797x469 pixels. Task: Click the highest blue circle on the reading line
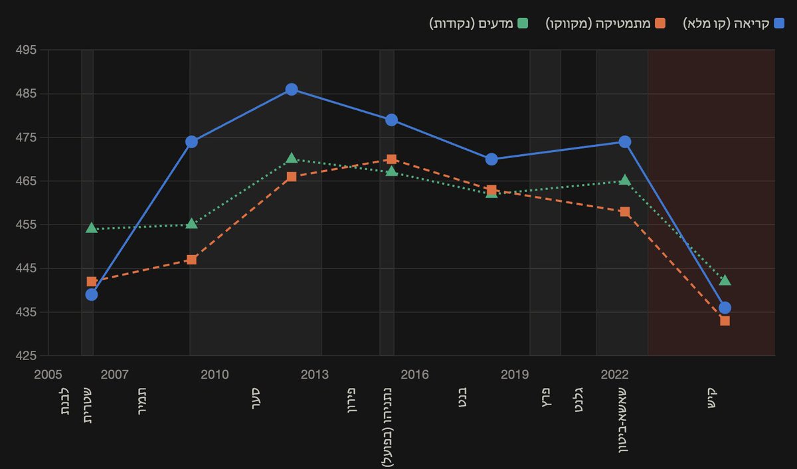pyautogui.click(x=292, y=89)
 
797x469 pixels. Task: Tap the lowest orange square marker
pyautogui.click(x=725, y=321)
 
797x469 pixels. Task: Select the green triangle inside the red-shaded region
pyautogui.click(x=725, y=280)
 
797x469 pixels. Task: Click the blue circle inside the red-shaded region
pyautogui.click(x=725, y=308)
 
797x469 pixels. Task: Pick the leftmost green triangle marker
pyautogui.click(x=92, y=228)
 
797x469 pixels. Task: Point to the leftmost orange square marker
pyautogui.click(x=92, y=282)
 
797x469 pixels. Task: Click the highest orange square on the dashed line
pyautogui.click(x=391, y=159)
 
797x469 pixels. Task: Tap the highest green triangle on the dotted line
pyautogui.click(x=292, y=158)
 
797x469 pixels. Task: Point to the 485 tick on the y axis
pyautogui.click(x=26, y=94)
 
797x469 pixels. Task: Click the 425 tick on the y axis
pyautogui.click(x=26, y=355)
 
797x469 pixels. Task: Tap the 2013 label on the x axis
pyautogui.click(x=315, y=375)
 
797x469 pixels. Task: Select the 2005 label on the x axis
pyautogui.click(x=48, y=375)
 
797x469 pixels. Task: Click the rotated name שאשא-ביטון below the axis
pyautogui.click(x=623, y=421)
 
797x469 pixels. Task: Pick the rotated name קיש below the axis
pyautogui.click(x=711, y=398)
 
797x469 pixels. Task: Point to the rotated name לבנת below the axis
pyautogui.click(x=64, y=401)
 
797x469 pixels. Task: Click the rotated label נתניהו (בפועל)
pyautogui.click(x=387, y=427)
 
